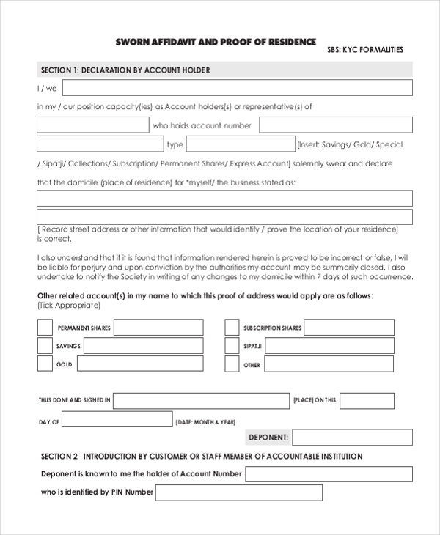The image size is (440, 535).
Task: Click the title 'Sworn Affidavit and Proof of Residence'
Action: click(216, 42)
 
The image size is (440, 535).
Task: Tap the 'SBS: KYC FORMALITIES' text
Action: click(364, 50)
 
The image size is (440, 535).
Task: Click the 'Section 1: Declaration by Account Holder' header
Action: click(125, 70)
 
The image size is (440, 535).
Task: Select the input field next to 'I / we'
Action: click(237, 88)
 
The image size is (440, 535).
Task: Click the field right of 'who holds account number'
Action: click(335, 125)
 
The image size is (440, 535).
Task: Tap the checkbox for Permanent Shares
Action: click(45, 328)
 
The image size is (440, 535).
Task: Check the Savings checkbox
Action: click(45, 346)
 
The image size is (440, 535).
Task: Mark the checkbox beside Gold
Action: click(45, 364)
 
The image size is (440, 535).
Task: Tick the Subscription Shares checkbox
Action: click(232, 328)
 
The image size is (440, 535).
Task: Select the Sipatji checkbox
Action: click(232, 346)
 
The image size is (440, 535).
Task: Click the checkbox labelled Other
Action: click(232, 364)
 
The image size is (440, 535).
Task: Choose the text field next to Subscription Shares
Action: click(349, 328)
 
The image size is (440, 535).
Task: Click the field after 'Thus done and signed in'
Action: click(201, 400)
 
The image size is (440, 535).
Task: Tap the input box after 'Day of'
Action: click(117, 422)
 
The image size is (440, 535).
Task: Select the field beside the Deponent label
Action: click(352, 438)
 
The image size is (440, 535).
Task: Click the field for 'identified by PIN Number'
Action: click(239, 492)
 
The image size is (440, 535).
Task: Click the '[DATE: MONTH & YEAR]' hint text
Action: click(206, 423)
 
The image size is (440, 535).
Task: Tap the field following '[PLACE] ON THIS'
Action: click(367, 400)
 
